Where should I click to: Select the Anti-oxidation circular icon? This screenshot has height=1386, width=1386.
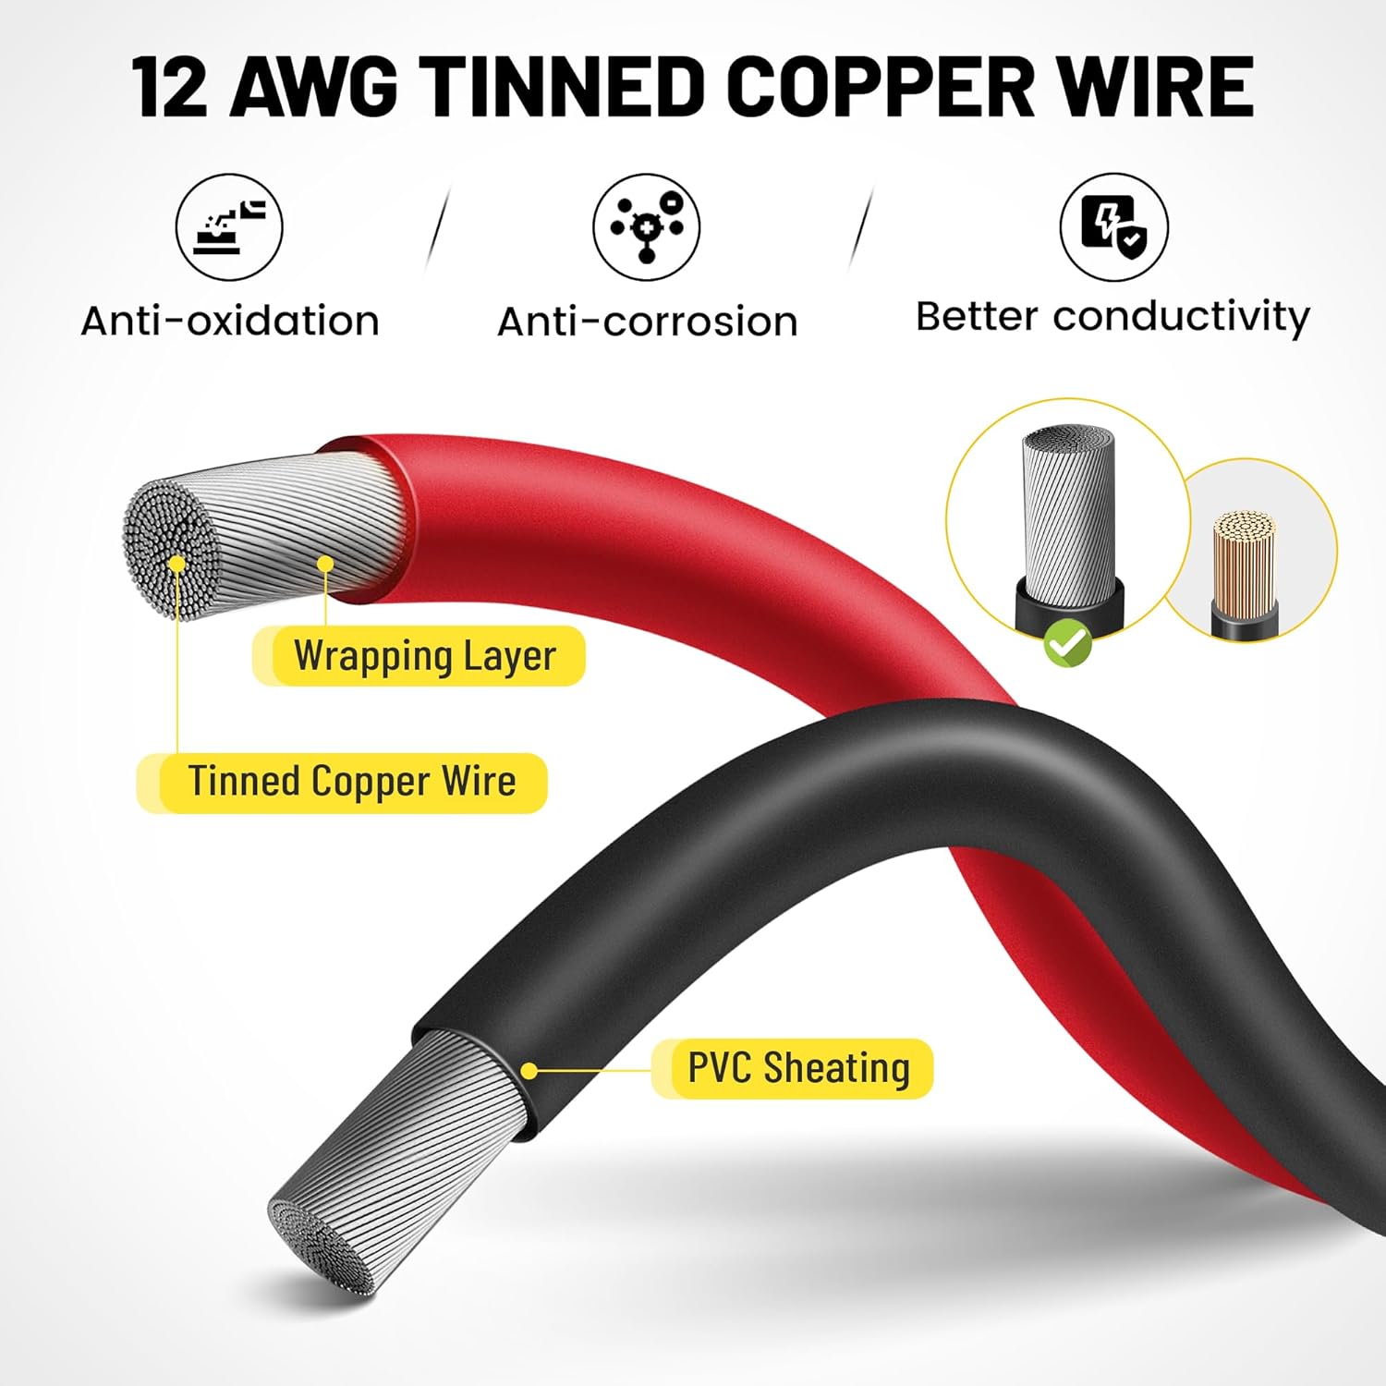point(229,227)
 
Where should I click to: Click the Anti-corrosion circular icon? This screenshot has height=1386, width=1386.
point(646,227)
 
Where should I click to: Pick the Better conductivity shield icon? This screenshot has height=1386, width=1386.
point(1113,227)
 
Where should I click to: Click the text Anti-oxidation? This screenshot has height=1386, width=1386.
point(230,322)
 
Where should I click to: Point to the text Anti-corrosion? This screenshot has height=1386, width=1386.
point(647,322)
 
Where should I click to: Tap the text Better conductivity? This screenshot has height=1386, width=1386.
point(1112,317)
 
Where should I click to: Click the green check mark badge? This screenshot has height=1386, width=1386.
point(1067,644)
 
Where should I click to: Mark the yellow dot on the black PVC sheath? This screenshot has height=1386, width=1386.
point(529,1071)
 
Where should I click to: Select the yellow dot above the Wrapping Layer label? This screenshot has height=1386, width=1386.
point(325,564)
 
